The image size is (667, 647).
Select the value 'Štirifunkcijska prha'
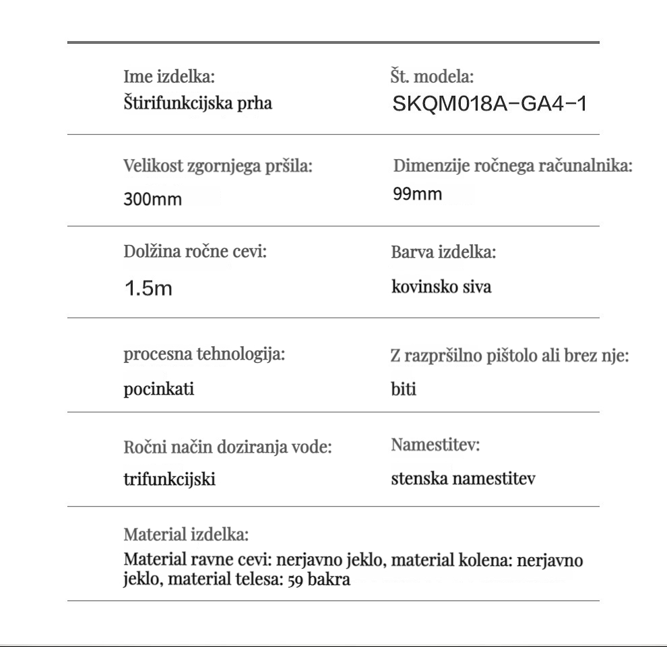click(x=198, y=103)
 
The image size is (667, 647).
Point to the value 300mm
click(x=152, y=200)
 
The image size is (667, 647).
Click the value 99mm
click(x=418, y=195)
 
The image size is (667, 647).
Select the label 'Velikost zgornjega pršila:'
click(x=218, y=167)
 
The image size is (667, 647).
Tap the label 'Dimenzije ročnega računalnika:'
click(x=513, y=166)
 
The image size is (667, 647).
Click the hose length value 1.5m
click(x=148, y=289)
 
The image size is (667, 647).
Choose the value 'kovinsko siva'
click(x=441, y=287)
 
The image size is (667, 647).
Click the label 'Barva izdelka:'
click(x=443, y=254)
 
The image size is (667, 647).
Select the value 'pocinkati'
click(x=159, y=389)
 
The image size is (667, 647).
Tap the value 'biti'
click(x=404, y=390)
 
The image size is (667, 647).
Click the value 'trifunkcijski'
click(x=170, y=480)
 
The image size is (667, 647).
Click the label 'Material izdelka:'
click(x=187, y=536)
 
